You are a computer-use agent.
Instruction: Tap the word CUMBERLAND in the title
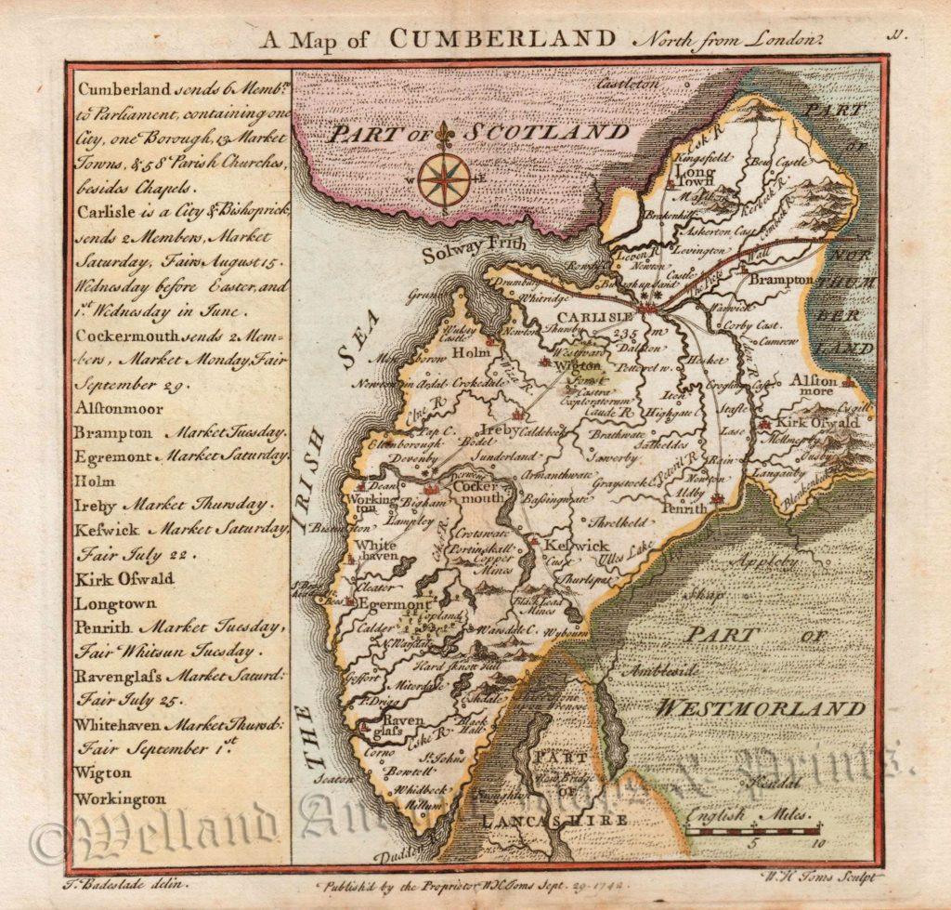point(502,38)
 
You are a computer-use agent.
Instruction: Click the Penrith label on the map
point(684,508)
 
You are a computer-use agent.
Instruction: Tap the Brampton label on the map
point(781,279)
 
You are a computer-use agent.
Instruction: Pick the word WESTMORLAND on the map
point(761,709)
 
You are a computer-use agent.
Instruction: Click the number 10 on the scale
point(815,844)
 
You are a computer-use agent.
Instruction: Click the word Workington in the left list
point(122,798)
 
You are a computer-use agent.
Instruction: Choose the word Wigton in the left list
point(103,772)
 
